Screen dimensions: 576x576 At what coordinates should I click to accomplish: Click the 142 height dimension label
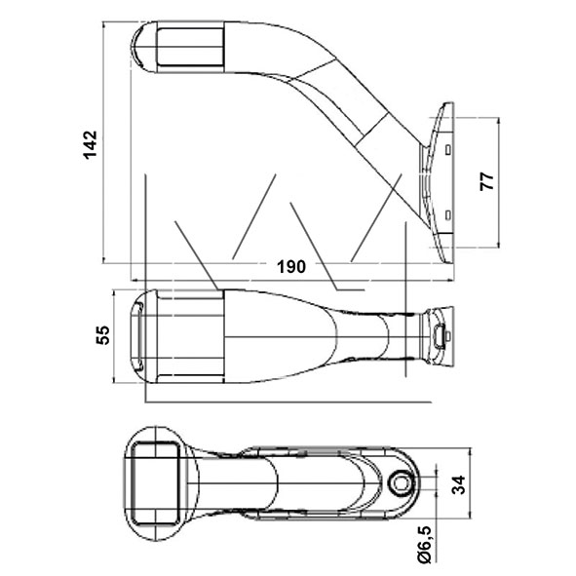point(91,144)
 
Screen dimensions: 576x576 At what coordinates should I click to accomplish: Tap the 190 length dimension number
point(291,267)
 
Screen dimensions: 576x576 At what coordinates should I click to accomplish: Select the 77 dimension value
point(486,181)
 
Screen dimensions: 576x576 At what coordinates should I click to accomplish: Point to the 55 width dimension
point(103,335)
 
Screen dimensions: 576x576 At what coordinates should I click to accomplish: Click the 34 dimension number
point(459,485)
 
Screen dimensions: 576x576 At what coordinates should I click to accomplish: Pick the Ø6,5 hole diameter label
point(425,545)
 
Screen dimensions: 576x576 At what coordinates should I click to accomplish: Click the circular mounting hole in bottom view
point(401,483)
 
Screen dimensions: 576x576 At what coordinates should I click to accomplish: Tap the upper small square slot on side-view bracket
point(447,149)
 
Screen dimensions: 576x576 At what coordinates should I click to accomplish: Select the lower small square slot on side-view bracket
point(447,215)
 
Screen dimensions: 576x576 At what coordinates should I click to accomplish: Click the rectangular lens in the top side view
point(190,47)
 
